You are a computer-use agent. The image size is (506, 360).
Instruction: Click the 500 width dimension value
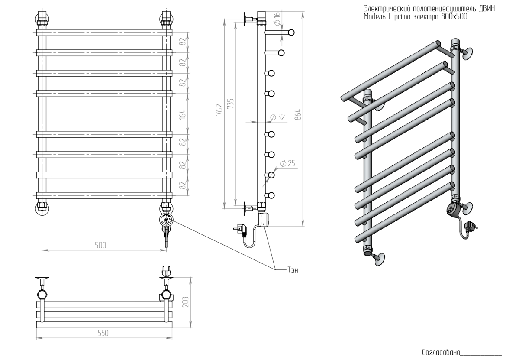tap(101, 245)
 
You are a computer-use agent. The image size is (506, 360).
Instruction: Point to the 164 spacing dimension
tap(183, 114)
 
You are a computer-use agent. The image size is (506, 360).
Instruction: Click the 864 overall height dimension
tap(298, 114)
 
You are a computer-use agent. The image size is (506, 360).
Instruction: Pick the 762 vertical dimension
tap(219, 109)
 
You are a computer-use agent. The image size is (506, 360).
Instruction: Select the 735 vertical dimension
tap(230, 104)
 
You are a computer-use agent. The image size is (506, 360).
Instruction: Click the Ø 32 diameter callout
tap(277, 117)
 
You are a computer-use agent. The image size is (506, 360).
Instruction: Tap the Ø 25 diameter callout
tap(287, 164)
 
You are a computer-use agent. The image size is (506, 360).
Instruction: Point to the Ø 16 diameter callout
tap(277, 18)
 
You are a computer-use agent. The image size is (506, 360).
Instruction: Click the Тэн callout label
tap(293, 270)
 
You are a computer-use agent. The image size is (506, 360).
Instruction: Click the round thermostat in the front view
tap(167, 219)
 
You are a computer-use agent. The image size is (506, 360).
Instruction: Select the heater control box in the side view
tap(264, 218)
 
